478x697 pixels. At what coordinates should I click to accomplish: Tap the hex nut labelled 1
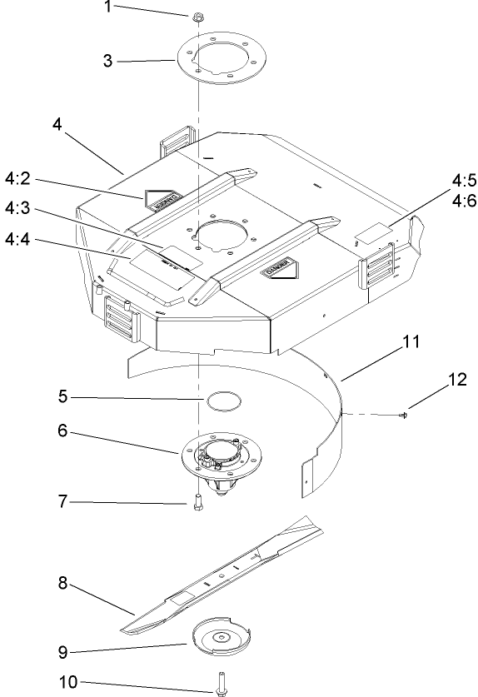tap(199, 16)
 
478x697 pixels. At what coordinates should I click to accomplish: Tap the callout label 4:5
tap(464, 180)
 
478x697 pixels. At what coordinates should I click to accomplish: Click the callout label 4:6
tap(464, 201)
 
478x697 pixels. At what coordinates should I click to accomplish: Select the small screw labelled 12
tap(404, 414)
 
